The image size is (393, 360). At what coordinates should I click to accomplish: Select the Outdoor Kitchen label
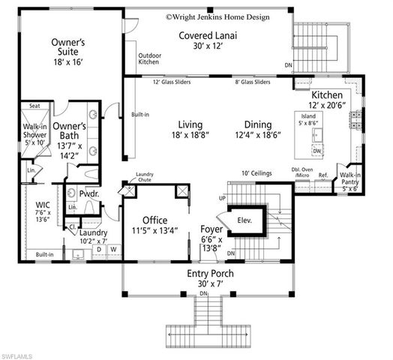pyautogui.click(x=149, y=58)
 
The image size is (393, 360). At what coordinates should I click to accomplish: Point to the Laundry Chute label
pyautogui.click(x=145, y=177)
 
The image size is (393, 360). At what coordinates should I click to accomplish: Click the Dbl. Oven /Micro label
pyautogui.click(x=302, y=172)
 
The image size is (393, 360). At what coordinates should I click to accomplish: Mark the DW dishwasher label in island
pyautogui.click(x=317, y=151)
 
